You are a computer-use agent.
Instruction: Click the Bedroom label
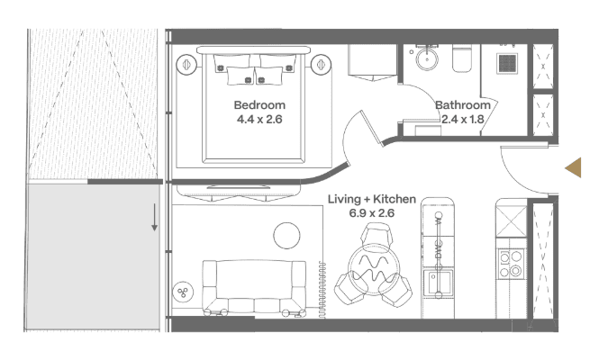click(x=259, y=105)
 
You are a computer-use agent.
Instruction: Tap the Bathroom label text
click(x=463, y=105)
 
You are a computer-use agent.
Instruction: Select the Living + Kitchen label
click(x=371, y=199)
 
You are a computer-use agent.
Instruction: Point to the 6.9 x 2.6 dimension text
click(x=371, y=213)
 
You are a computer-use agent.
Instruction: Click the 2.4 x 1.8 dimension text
click(x=463, y=120)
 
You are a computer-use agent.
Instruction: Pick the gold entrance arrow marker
click(x=573, y=167)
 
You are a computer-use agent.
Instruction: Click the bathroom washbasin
click(x=427, y=59)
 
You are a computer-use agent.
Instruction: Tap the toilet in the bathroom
click(x=462, y=58)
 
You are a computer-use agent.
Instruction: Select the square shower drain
click(x=507, y=63)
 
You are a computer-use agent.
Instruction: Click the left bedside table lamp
click(x=186, y=64)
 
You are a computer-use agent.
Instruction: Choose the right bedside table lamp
click(x=321, y=64)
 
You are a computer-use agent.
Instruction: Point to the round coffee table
click(x=286, y=236)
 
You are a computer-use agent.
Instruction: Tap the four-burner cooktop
click(x=511, y=263)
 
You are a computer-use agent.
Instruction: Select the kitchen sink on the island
click(x=438, y=283)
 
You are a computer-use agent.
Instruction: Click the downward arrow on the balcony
click(x=154, y=218)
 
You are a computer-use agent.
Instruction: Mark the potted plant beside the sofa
click(x=183, y=292)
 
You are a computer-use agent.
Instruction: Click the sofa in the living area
click(x=254, y=287)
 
